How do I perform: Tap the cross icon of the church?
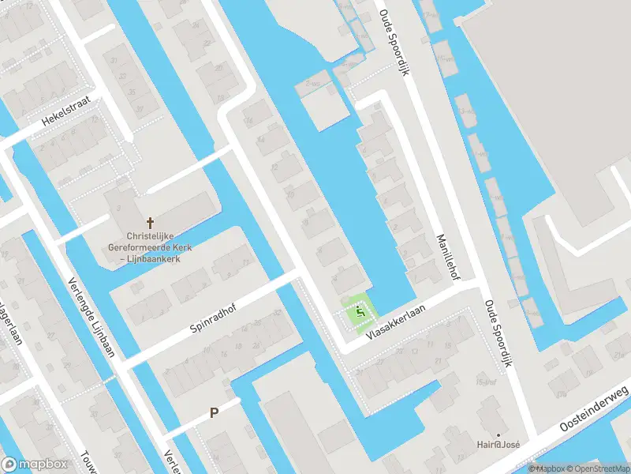149,223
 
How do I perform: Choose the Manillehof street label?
454,256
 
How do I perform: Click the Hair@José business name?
499,445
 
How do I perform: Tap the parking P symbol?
213,412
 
